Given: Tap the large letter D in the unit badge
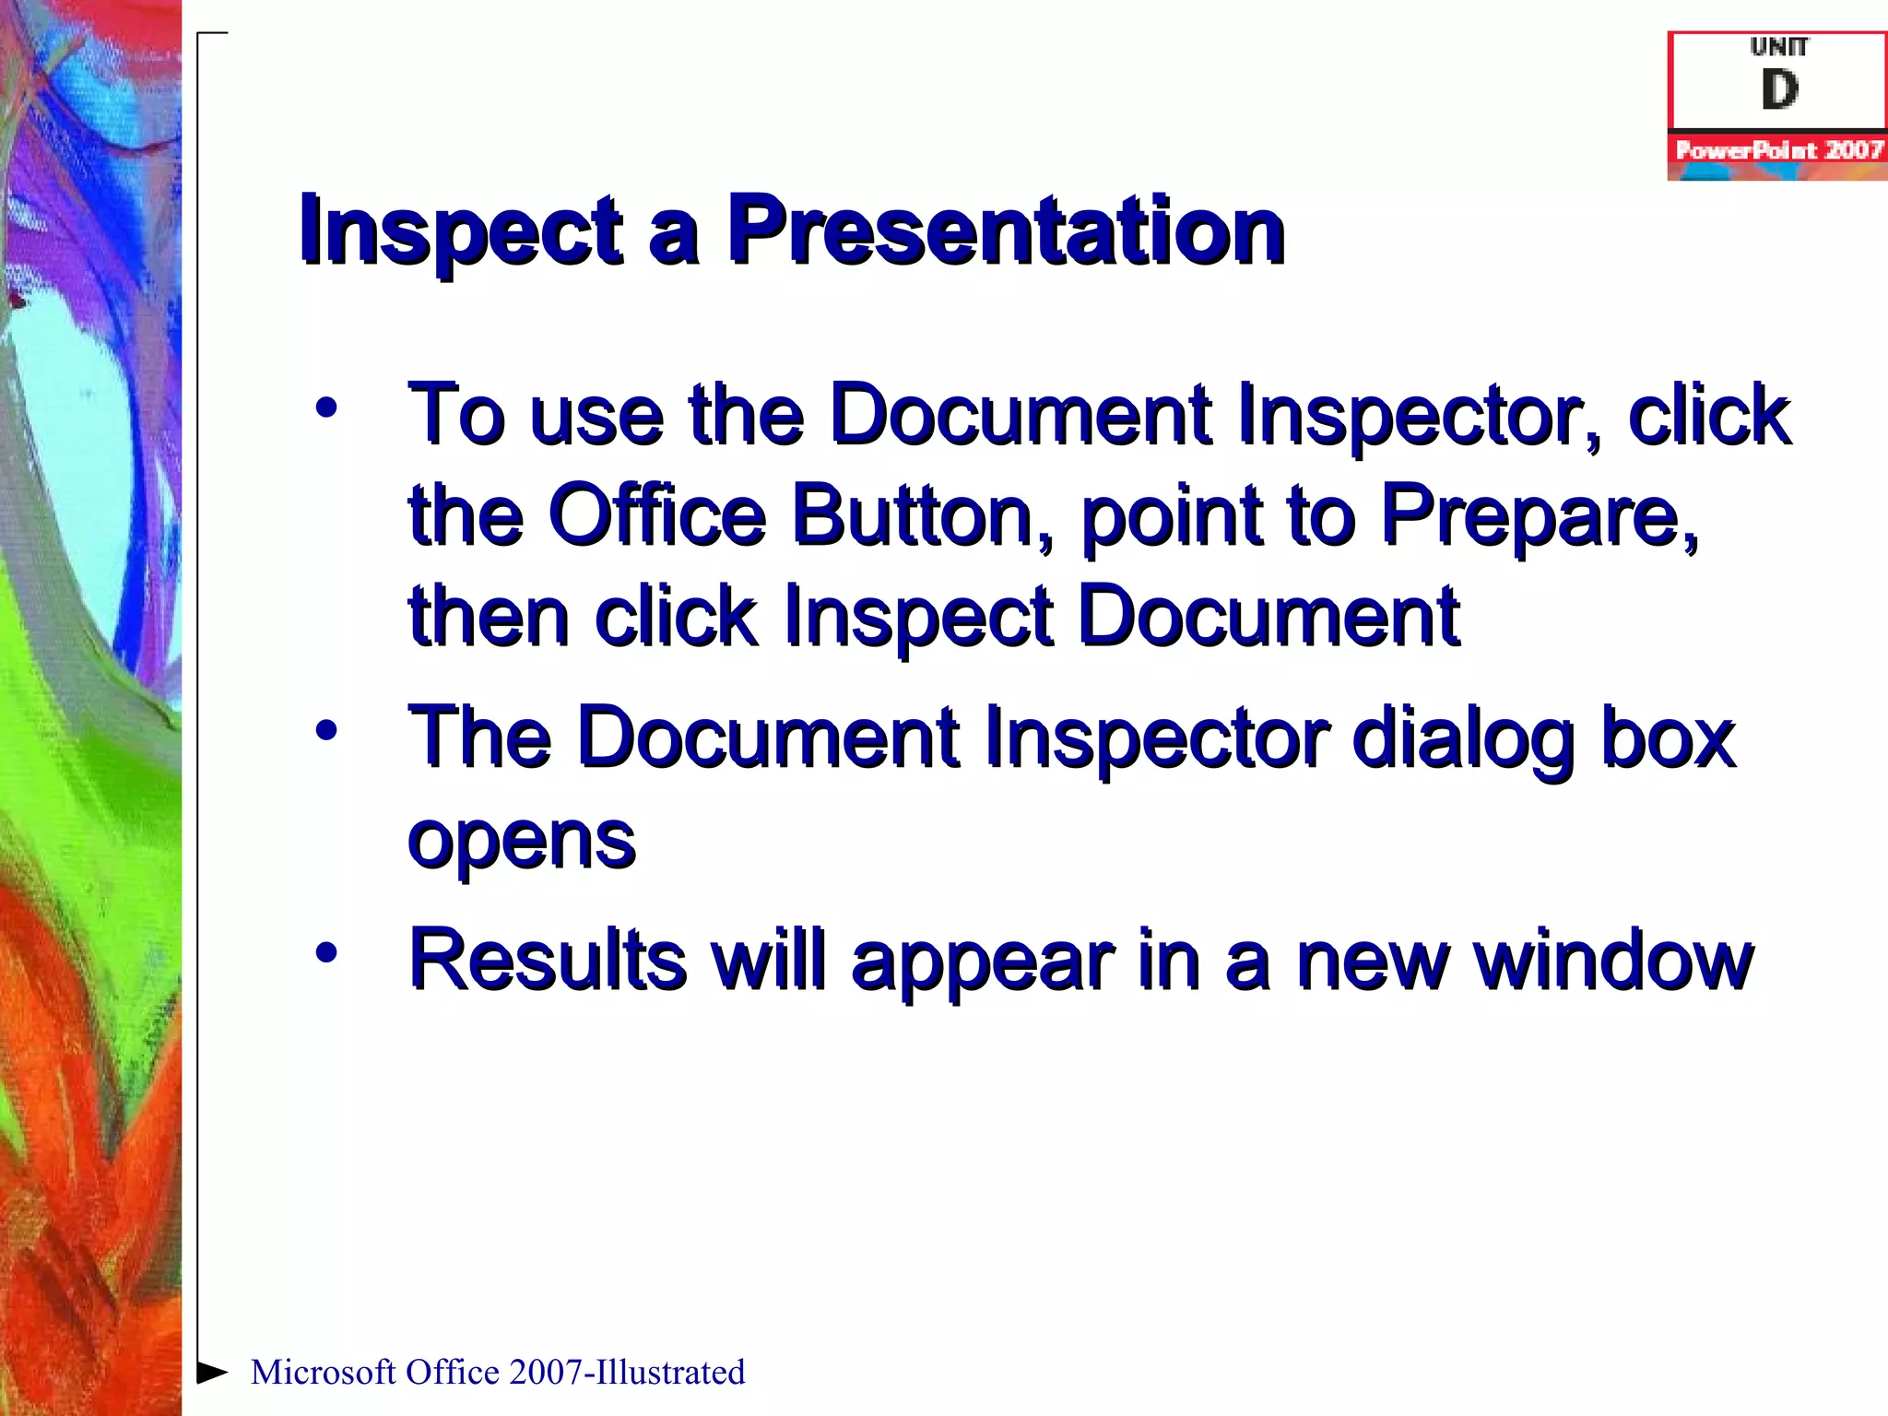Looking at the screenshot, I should [x=1779, y=90].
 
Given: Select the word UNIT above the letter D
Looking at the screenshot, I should [x=1779, y=46].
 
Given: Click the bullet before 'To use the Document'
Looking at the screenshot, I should [x=326, y=407].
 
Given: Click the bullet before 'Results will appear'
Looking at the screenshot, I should [x=326, y=952].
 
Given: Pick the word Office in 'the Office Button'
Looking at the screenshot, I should [x=656, y=514].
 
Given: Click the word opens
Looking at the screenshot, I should [x=522, y=841].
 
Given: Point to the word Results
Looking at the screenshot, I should [x=548, y=961].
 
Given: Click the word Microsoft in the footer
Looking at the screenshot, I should [x=323, y=1372].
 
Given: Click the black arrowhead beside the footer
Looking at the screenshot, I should [x=212, y=1372].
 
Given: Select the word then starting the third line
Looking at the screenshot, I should [x=490, y=616].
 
